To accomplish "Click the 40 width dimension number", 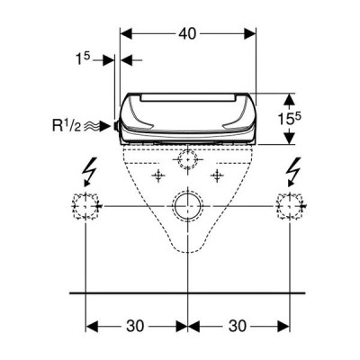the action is pos(187,34).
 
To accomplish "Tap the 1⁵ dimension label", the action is pos(83,59).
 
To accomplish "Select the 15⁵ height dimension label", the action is pos(289,119).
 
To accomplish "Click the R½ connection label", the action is pos(67,126).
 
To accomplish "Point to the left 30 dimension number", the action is pos(135,326).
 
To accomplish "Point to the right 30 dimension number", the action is pos(238,326).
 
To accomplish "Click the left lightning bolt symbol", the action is pos(90,172).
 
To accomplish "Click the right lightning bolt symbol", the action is pos(293,172).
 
